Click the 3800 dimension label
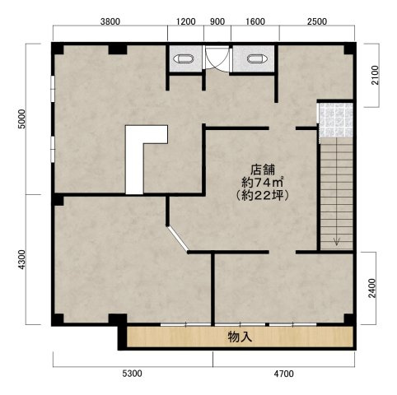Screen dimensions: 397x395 coord(110,21)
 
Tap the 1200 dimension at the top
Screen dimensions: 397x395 coord(185,21)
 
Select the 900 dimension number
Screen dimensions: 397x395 coord(217,21)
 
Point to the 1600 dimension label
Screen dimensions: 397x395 coord(255,21)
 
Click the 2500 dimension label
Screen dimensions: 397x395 coord(317,21)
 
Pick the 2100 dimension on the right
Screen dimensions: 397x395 coord(375,75)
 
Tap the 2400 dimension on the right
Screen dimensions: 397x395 coord(371,288)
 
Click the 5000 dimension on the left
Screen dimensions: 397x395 coord(21,118)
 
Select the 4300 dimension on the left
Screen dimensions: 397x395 coord(21,259)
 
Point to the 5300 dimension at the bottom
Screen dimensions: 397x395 coord(133,374)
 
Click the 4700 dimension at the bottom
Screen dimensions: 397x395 coord(283,374)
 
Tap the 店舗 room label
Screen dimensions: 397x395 coord(263,170)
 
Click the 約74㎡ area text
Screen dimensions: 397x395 coord(263,182)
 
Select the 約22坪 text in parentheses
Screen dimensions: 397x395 coord(263,195)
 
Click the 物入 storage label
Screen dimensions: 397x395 coord(240,337)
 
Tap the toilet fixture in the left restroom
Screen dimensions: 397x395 coord(184,58)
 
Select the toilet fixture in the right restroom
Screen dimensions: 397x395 coord(257,58)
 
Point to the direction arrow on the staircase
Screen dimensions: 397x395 coord(337,241)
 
